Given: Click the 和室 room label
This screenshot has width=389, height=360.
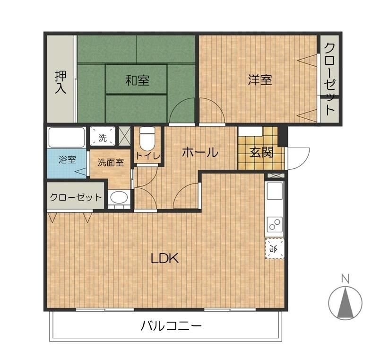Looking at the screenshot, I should pos(137,80).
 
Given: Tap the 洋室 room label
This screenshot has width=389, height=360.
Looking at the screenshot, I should pos(260,79).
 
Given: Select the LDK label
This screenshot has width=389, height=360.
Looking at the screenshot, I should pos(164,258).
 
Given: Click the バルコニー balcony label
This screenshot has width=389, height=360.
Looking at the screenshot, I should pos(171,326).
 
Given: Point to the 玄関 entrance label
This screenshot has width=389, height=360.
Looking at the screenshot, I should pos(261,152).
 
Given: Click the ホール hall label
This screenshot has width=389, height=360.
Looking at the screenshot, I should pos(200,152).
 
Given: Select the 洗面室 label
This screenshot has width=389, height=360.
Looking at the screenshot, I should pos(111,162).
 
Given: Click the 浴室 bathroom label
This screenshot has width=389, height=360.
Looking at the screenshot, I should pos(67,159).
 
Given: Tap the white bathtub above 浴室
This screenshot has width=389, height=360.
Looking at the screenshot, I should pos(67,137).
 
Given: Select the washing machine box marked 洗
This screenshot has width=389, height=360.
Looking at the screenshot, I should pos(103,138).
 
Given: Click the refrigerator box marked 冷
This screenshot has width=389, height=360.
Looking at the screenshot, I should pos(274,248).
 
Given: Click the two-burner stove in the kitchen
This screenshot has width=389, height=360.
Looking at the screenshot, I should pos(274,223).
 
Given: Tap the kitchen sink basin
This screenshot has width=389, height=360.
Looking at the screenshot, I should pos(274,191).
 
